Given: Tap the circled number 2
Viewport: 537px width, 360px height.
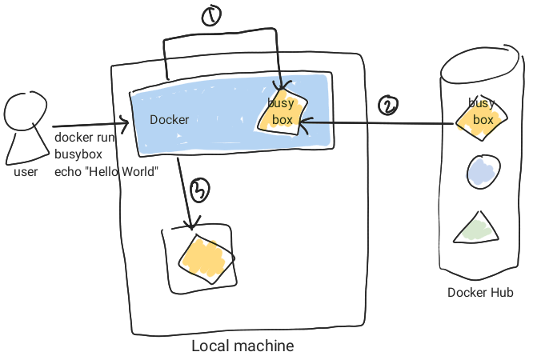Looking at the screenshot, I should (388, 106).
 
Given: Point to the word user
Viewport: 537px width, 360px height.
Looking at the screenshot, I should (26, 171).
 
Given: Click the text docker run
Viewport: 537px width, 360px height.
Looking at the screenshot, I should (85, 137).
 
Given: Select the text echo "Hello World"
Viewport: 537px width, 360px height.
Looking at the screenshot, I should (106, 171).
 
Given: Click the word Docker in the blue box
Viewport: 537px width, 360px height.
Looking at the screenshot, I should (170, 120).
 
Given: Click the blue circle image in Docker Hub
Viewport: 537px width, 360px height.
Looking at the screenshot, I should (483, 170).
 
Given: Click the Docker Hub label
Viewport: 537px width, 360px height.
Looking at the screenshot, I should (480, 292).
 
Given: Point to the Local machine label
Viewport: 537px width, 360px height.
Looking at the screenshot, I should (242, 346).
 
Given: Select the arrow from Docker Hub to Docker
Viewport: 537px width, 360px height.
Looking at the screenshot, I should (376, 122).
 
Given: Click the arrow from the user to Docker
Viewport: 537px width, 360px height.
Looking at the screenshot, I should (88, 126).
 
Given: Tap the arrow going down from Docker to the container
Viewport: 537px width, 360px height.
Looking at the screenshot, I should (184, 192).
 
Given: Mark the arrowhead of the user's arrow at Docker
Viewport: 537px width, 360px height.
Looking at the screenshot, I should (126, 124).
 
